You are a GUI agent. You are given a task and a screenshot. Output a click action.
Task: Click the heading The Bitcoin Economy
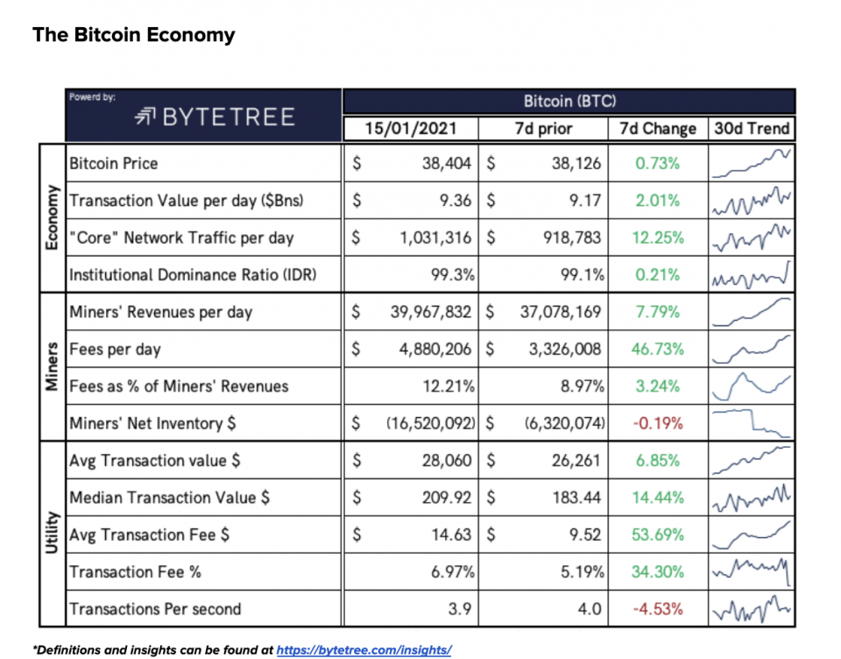(134, 35)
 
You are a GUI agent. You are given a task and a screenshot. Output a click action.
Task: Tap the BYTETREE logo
(215, 117)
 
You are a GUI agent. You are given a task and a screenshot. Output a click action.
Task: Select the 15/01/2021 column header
(411, 129)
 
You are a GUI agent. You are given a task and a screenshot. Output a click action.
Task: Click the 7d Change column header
(657, 129)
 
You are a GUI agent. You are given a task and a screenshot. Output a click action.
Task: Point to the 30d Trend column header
(752, 129)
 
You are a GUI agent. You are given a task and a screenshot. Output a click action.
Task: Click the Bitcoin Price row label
(114, 163)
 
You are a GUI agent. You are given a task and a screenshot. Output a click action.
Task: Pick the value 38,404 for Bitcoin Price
(447, 163)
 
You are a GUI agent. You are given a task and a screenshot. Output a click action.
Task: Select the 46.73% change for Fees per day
(657, 349)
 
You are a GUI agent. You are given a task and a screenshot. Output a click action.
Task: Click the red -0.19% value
(657, 423)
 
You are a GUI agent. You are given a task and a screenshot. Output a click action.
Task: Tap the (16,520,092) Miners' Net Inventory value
(430, 423)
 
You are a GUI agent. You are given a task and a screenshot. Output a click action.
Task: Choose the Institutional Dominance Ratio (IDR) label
(193, 274)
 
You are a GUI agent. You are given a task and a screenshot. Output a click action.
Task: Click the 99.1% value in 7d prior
(582, 274)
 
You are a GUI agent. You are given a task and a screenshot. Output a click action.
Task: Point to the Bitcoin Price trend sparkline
(752, 163)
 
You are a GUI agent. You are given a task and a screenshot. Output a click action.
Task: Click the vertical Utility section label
(51, 535)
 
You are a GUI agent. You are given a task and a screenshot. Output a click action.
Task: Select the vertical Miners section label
(51, 366)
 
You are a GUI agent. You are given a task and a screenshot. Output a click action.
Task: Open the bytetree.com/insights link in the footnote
(364, 650)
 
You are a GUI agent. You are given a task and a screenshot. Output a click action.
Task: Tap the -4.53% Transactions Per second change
(657, 609)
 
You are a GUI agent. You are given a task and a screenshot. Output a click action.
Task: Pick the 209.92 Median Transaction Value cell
(447, 498)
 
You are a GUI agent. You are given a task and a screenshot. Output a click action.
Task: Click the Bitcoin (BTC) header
(569, 102)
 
